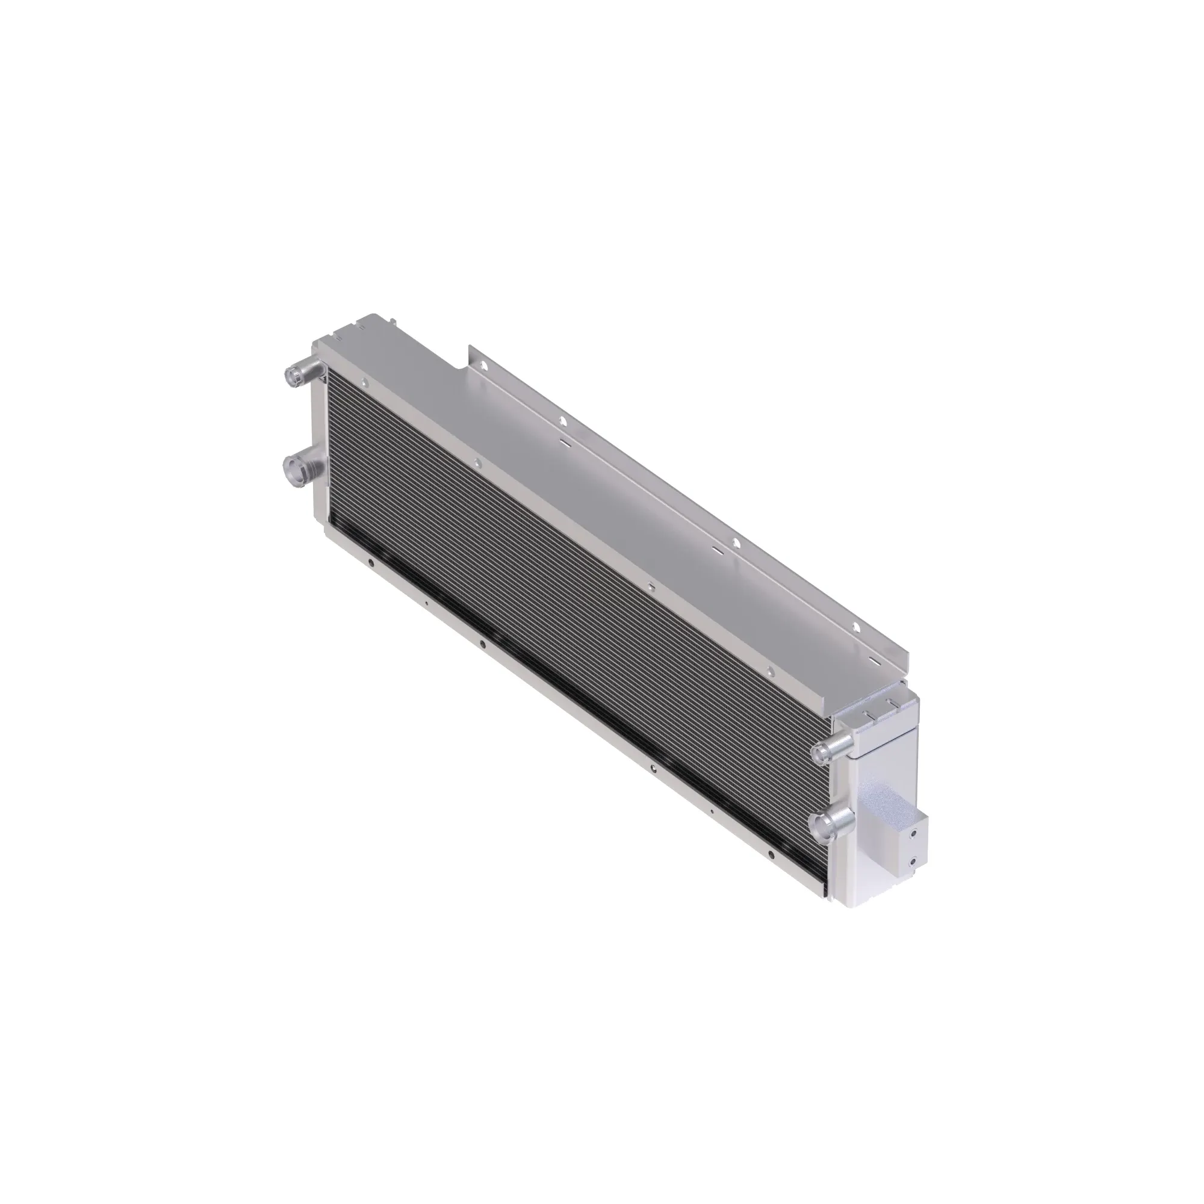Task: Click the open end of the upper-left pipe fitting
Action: point(291,375)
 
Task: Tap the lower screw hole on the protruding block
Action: point(914,863)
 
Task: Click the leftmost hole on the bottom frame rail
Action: point(371,564)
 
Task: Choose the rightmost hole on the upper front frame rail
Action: point(771,671)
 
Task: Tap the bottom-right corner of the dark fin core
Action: point(831,898)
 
